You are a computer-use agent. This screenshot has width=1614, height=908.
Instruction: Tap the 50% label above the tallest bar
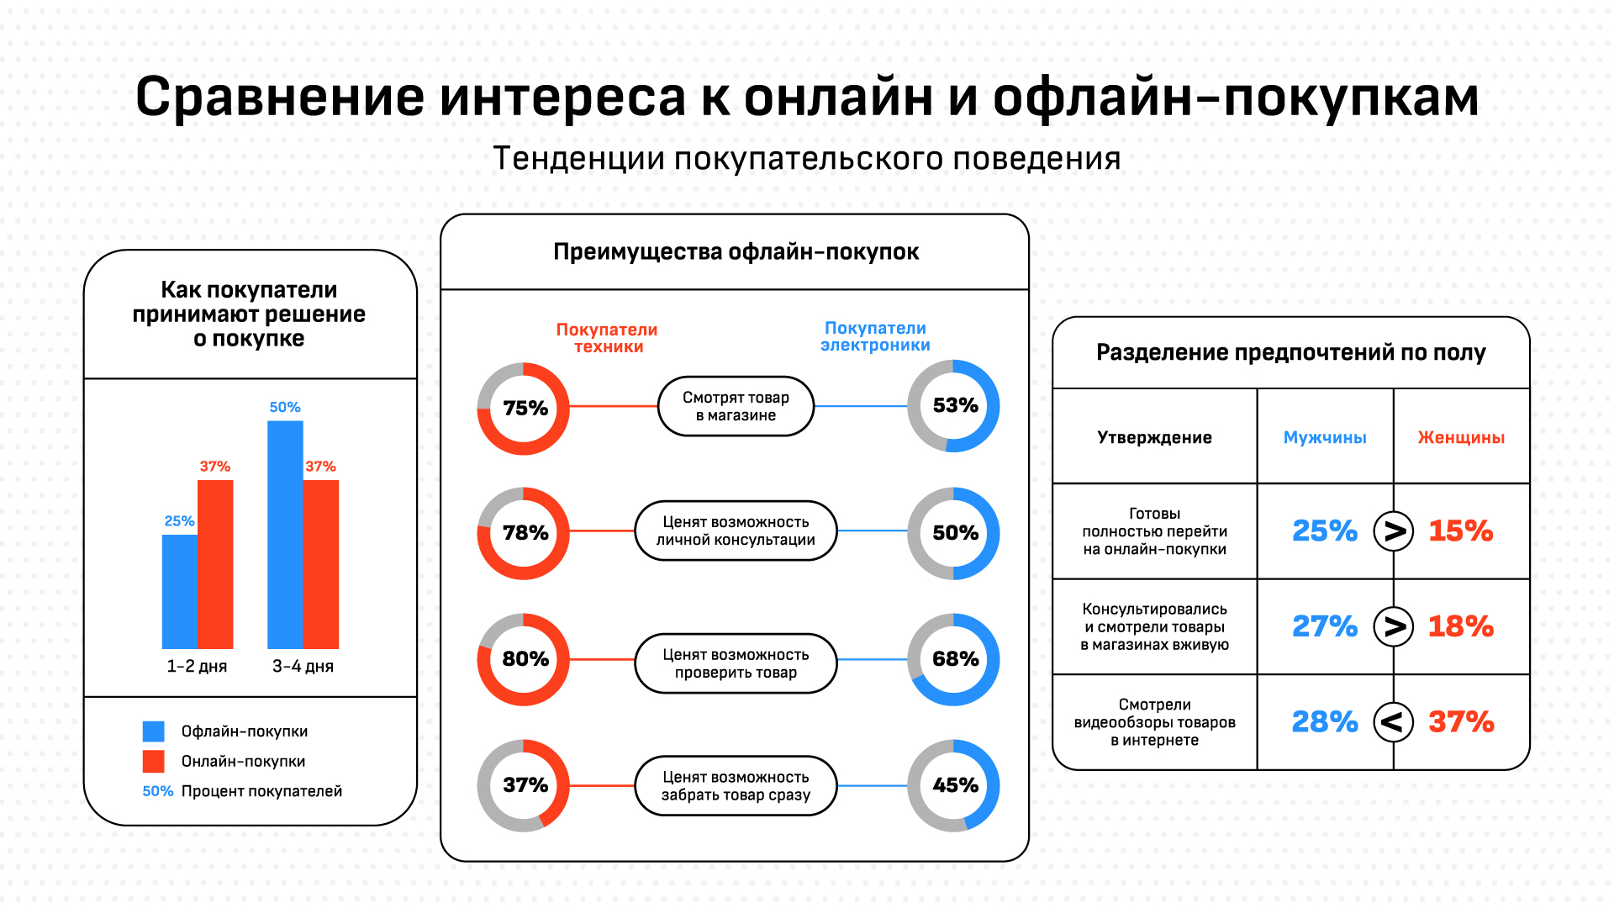click(x=285, y=407)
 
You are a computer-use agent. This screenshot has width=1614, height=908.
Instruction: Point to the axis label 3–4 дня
click(x=303, y=667)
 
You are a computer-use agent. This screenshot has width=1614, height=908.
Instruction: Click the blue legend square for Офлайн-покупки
click(x=153, y=731)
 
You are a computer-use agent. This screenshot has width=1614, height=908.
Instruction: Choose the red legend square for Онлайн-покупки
click(x=153, y=761)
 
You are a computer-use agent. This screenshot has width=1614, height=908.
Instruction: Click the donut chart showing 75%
click(x=524, y=409)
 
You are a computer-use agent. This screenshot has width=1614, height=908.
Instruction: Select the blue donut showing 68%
click(x=954, y=659)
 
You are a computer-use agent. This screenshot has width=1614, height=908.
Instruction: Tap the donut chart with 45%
click(x=954, y=785)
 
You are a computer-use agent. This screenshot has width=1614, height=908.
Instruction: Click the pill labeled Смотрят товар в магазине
click(x=736, y=406)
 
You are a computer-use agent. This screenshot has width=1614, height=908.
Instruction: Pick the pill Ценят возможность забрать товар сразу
click(x=736, y=785)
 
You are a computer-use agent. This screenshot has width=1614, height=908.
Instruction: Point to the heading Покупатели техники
click(x=607, y=338)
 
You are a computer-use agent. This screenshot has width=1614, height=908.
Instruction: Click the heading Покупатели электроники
click(x=875, y=336)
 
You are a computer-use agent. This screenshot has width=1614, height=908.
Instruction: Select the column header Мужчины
click(x=1325, y=437)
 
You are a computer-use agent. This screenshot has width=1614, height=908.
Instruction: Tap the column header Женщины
click(x=1461, y=437)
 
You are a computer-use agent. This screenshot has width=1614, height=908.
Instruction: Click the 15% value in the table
click(x=1461, y=531)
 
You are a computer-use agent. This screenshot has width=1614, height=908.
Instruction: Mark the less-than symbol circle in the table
click(x=1393, y=721)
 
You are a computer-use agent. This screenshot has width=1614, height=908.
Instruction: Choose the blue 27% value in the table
click(x=1325, y=626)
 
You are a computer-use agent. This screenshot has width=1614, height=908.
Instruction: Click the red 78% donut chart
click(x=524, y=533)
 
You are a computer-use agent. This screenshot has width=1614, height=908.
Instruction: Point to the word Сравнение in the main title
click(x=280, y=97)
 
